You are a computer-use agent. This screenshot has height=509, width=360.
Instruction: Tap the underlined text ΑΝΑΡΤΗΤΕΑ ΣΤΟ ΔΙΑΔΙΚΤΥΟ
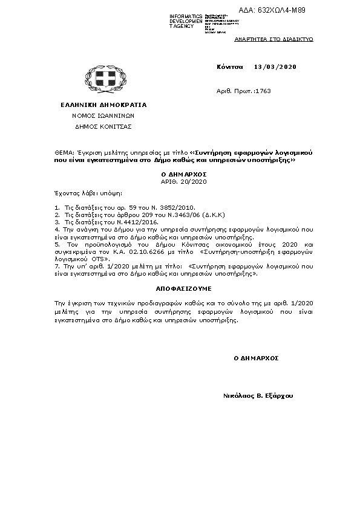[273, 38]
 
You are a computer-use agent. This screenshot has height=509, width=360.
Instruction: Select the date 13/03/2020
[276, 66]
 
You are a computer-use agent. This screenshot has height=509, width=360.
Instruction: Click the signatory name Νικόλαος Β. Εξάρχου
[258, 395]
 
